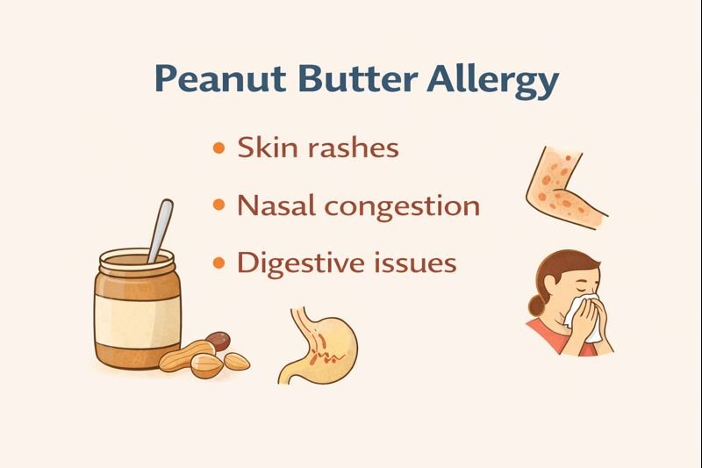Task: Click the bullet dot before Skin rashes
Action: (218, 148)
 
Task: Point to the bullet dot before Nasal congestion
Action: (218, 206)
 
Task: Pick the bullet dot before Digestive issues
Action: (218, 263)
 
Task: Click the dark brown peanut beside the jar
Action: (218, 340)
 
